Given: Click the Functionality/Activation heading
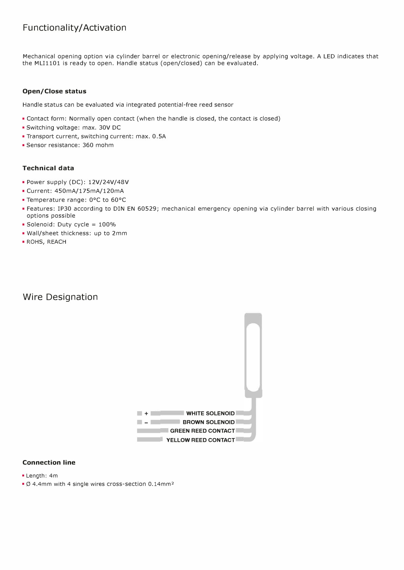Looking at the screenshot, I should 74,28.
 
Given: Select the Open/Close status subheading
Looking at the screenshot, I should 54,91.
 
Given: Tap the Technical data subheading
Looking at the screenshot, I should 48,168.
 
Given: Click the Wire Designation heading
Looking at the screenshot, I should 60,297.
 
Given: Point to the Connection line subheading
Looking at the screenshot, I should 49,462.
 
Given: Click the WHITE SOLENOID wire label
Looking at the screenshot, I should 210,413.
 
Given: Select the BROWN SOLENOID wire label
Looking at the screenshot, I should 208,422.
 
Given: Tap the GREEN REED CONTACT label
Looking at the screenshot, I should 202,431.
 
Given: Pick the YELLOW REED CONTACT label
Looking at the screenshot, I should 201,440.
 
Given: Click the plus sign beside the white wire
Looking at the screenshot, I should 146,413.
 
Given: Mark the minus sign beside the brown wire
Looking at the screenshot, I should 146,423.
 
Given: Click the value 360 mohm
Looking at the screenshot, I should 98,145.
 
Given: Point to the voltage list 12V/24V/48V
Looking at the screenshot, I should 109,182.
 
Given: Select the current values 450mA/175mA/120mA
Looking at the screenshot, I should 89,191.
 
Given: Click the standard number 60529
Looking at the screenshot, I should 147,209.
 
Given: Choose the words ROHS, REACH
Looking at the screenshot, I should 46,242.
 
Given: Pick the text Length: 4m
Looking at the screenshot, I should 42,476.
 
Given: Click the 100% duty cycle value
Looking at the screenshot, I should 107,225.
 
